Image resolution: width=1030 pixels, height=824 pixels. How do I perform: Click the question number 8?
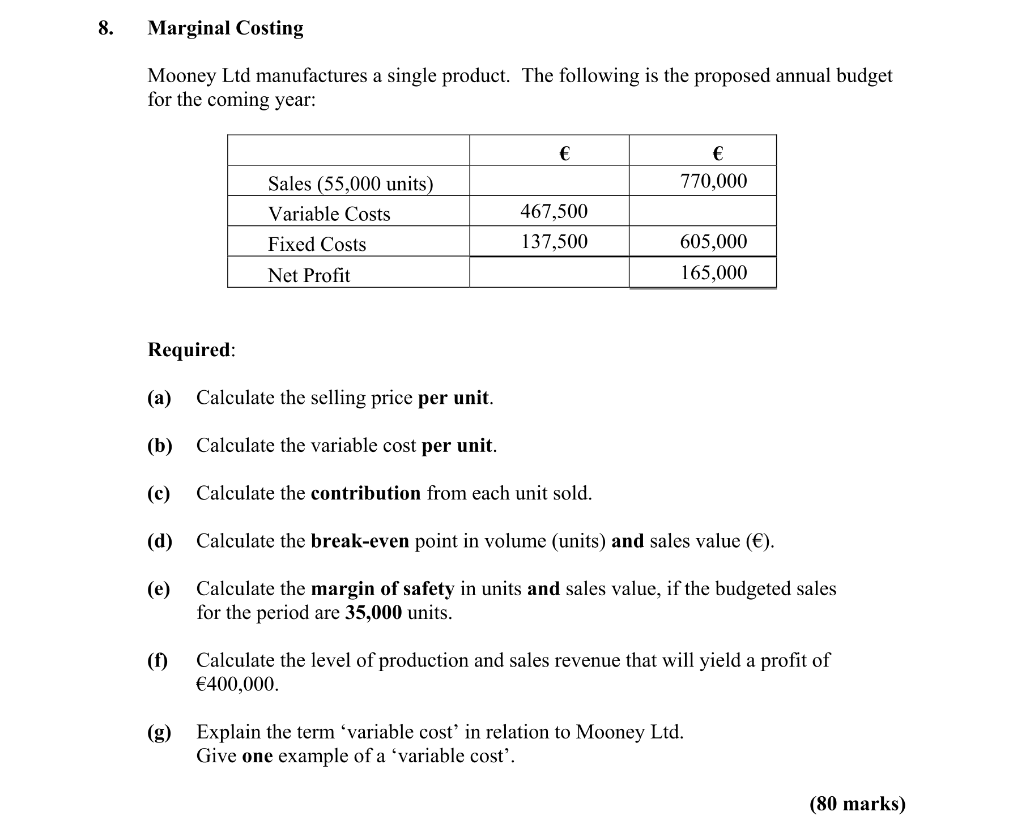click(105, 28)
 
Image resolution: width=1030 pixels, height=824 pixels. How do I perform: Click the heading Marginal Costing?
click(225, 28)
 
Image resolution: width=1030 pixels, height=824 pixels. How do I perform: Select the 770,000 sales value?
click(713, 181)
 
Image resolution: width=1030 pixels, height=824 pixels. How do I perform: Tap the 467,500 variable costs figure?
click(554, 212)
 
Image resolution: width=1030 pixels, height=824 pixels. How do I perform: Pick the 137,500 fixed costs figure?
click(554, 242)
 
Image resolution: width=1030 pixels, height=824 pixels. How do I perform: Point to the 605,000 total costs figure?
click(713, 242)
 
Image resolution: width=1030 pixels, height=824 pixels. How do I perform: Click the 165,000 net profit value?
click(713, 273)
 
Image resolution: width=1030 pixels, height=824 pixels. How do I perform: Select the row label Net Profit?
click(309, 275)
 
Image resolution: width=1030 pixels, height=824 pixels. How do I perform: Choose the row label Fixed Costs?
click(317, 245)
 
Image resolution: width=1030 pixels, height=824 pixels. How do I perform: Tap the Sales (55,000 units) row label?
click(350, 183)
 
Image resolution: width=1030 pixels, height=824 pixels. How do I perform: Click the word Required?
click(189, 349)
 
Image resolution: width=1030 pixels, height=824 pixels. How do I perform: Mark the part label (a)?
click(159, 398)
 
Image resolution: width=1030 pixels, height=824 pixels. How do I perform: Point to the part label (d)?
click(160, 541)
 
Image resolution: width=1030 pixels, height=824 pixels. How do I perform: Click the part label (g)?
click(159, 732)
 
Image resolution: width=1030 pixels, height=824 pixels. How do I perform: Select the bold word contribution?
click(365, 493)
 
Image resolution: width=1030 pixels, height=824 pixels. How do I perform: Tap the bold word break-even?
click(360, 541)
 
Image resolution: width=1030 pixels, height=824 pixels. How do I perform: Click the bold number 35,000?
click(373, 613)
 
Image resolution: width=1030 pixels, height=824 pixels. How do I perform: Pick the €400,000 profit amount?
click(237, 684)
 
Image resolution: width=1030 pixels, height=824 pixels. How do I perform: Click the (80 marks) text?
click(857, 804)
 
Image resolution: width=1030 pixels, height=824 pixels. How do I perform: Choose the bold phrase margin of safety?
click(382, 589)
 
